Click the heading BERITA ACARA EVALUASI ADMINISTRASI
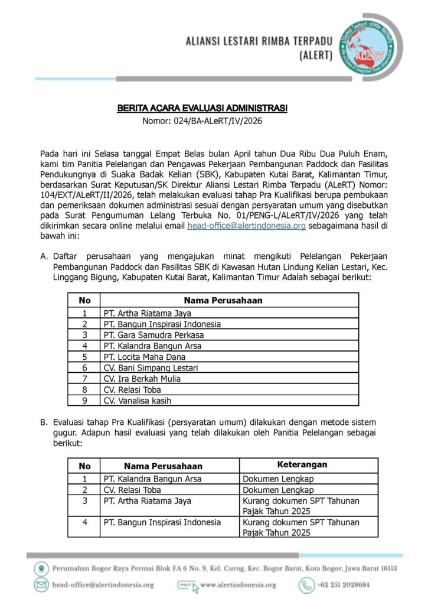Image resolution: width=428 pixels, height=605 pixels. [x=202, y=109]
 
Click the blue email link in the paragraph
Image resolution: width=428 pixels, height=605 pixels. [x=246, y=226]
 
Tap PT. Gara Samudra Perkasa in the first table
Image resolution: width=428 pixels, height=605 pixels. [x=145, y=335]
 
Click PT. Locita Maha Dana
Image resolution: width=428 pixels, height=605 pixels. [x=144, y=357]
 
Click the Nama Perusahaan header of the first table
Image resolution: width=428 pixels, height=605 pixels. [x=223, y=300]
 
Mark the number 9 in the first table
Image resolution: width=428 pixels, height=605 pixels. [x=84, y=400]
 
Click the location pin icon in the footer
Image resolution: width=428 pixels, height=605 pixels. [x=41, y=569]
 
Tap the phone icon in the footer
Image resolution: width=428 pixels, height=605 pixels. [x=306, y=585]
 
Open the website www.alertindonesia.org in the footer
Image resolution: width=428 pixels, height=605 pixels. [x=238, y=585]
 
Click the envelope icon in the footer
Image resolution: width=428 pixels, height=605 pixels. [x=41, y=585]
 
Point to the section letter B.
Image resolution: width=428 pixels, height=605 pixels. [x=44, y=423]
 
